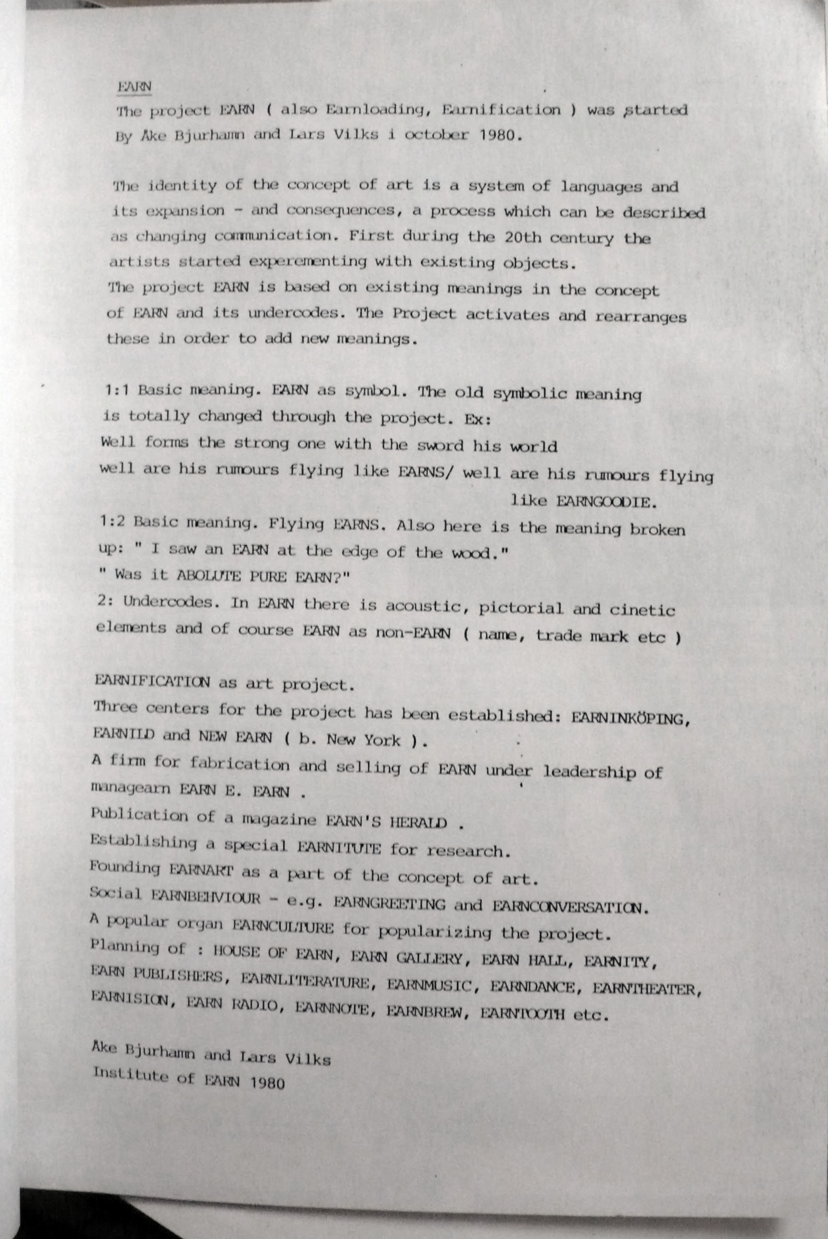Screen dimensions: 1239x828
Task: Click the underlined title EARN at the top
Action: [x=134, y=87]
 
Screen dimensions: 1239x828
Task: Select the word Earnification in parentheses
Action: [x=501, y=110]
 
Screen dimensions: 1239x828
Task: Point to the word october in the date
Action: [x=436, y=135]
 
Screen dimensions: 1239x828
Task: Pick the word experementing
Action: [x=307, y=261]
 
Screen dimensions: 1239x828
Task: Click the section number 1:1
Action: [x=117, y=390]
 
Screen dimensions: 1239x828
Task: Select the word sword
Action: [x=440, y=445]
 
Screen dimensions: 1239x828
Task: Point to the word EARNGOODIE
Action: [x=606, y=502]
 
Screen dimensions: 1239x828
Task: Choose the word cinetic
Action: [x=642, y=610]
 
